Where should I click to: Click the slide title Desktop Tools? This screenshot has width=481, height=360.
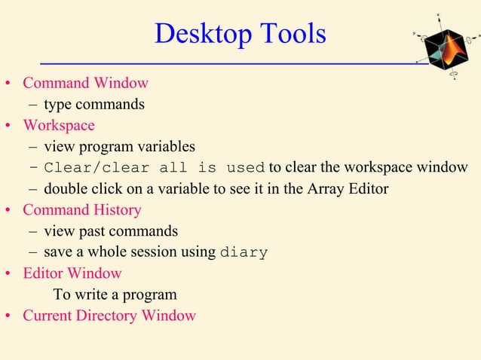(x=240, y=34)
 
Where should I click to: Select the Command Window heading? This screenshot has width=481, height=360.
(x=85, y=83)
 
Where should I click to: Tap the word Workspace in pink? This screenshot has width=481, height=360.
(x=59, y=125)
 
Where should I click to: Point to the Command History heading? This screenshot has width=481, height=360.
(x=82, y=209)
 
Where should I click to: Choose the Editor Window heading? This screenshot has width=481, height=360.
(x=72, y=273)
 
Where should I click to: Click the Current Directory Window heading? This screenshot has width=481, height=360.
(x=109, y=315)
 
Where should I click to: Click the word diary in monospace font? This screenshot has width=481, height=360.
(x=243, y=252)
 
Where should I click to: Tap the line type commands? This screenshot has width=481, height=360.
(x=94, y=104)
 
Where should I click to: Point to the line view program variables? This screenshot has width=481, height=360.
(x=119, y=146)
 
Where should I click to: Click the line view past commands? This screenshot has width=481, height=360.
(x=111, y=230)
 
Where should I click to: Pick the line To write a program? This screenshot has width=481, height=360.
(x=115, y=294)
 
